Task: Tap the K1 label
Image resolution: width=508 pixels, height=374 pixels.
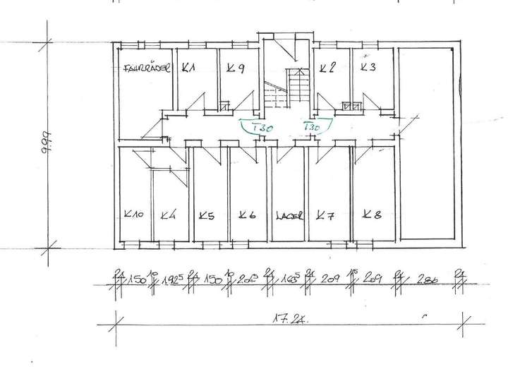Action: (188, 68)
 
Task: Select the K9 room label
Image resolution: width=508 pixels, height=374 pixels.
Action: (235, 68)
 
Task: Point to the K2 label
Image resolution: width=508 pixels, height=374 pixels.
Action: (326, 68)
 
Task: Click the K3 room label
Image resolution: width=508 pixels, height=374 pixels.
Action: (368, 67)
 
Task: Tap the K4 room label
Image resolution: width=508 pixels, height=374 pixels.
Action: (168, 216)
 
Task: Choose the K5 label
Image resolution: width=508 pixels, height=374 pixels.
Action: (206, 216)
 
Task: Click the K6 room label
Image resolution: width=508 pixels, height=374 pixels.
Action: (247, 216)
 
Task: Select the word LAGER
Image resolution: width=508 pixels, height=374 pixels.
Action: (289, 217)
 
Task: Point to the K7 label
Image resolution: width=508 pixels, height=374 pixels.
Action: (325, 215)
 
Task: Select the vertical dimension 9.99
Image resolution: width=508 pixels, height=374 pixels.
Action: (44, 143)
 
